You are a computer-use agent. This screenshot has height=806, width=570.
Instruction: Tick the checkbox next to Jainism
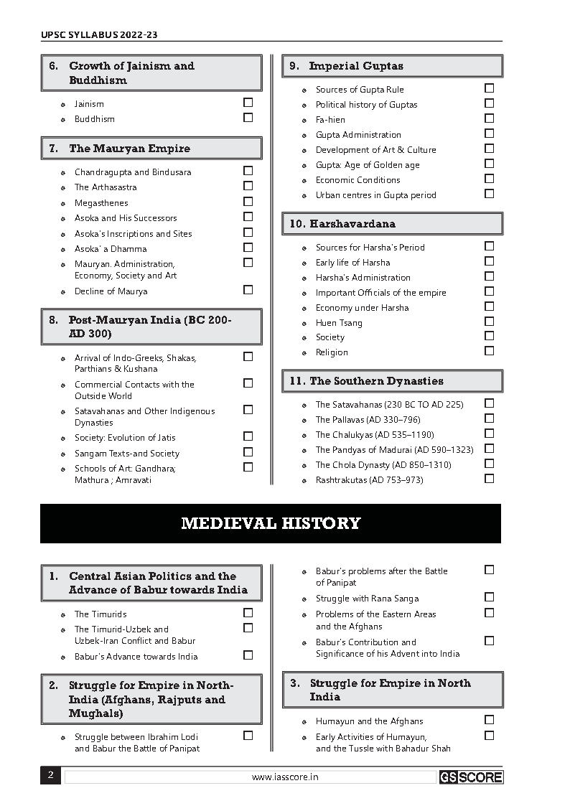click(x=248, y=103)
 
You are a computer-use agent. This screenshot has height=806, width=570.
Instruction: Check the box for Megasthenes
click(x=248, y=202)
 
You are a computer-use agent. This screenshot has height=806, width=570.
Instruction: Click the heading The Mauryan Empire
click(x=130, y=149)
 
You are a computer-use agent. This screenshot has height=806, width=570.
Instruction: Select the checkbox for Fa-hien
click(x=490, y=118)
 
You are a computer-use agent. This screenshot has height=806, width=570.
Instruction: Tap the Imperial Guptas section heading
click(x=356, y=66)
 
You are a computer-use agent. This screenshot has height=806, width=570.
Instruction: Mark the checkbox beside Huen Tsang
click(x=490, y=322)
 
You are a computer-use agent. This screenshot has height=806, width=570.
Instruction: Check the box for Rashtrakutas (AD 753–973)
click(x=490, y=479)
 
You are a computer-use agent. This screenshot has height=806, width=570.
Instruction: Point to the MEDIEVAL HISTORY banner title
click(x=271, y=523)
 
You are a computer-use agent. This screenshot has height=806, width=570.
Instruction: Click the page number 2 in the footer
click(x=50, y=775)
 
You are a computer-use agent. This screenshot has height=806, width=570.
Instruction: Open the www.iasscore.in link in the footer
click(x=285, y=777)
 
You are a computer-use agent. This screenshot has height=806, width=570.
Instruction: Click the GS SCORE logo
click(x=471, y=777)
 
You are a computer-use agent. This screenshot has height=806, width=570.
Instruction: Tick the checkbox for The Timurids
click(x=248, y=613)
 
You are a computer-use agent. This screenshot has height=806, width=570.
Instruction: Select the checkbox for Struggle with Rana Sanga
click(x=490, y=597)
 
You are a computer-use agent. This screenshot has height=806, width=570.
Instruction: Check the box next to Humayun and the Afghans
click(x=490, y=720)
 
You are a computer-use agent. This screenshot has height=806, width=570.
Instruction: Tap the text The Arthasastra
click(x=106, y=187)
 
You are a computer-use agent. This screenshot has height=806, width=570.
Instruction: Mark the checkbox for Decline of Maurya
click(x=248, y=290)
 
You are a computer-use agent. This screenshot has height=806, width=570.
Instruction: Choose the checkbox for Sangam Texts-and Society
click(x=248, y=452)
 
